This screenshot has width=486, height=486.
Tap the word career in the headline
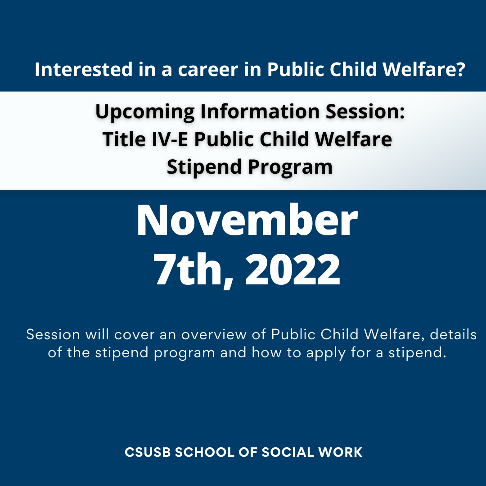tap(208, 69)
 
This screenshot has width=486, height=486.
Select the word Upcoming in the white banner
tap(145, 112)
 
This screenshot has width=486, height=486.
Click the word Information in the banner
tap(260, 111)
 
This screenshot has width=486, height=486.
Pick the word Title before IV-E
tap(124, 139)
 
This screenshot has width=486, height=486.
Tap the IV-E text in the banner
tap(170, 139)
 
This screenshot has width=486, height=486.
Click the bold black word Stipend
tap(204, 167)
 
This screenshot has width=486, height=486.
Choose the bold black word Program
tap(290, 167)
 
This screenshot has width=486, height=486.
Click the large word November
tap(247, 220)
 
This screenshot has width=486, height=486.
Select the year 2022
tap(292, 269)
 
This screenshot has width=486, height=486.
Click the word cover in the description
tap(134, 335)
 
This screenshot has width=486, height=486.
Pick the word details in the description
tap(453, 334)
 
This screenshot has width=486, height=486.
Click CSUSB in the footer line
tap(148, 452)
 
